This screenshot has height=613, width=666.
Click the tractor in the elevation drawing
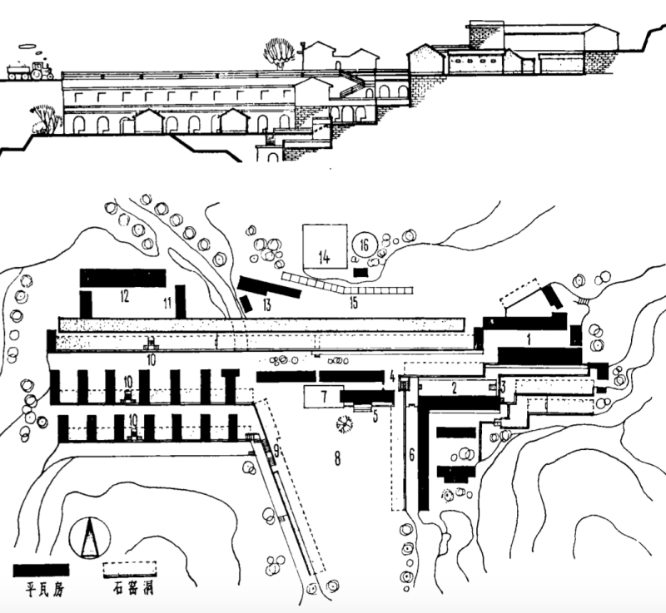[29, 69]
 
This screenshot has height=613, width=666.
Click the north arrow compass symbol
[91, 540]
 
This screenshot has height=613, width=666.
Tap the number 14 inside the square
[324, 257]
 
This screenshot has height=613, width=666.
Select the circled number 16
[364, 245]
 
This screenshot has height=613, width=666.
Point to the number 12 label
[124, 294]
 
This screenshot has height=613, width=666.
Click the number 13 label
[267, 304]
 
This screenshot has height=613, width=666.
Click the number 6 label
[410, 454]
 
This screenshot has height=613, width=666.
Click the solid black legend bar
[42, 571]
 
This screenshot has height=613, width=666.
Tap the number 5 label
[375, 417]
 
